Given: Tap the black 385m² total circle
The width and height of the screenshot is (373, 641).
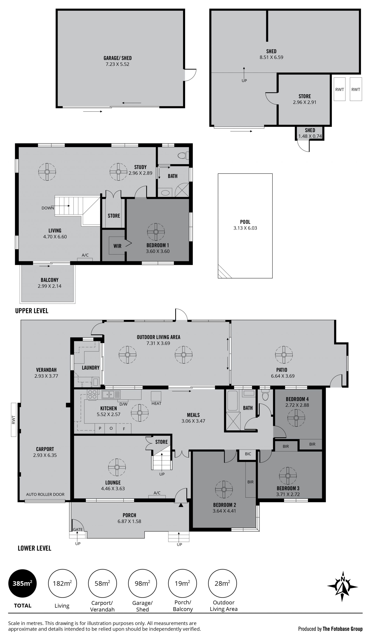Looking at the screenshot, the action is click(23, 583).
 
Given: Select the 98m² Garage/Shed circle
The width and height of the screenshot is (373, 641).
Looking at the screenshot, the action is click(142, 583).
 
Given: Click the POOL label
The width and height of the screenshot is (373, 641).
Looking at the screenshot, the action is click(245, 222).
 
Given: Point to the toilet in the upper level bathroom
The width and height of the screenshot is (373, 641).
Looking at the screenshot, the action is click(183, 155).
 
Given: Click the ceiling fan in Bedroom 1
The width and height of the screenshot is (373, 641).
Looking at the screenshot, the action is click(156, 232).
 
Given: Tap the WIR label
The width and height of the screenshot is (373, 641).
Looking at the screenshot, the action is click(117, 246).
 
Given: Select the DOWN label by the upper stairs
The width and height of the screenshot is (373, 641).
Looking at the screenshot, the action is click(48, 208).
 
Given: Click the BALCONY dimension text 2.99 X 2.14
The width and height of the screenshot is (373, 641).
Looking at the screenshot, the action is click(50, 286).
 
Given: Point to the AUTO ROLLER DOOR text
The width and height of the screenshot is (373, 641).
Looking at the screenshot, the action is click(45, 494).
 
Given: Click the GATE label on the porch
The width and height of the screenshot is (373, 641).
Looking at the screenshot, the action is click(78, 529).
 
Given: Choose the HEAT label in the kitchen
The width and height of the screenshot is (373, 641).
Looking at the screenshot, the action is click(156, 403).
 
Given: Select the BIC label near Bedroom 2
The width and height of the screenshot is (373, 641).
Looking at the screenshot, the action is click(248, 454).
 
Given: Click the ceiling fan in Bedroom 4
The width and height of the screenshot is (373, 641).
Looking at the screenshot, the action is click(296, 418).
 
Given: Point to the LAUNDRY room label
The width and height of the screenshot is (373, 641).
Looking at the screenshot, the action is click(91, 368).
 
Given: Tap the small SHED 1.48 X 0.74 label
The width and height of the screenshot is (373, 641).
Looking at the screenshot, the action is click(310, 133).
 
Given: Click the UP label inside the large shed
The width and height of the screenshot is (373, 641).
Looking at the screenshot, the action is click(244, 81).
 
